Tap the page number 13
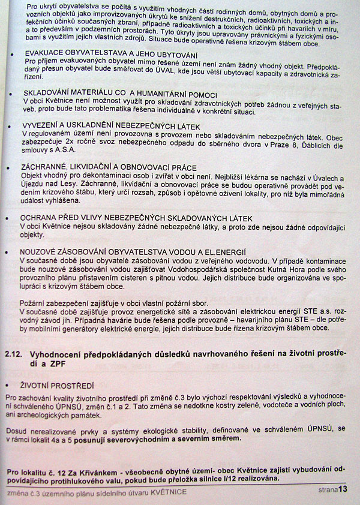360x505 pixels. pyautogui.click(x=343, y=489)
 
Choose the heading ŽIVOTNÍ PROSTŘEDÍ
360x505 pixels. pyautogui.click(x=53, y=386)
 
